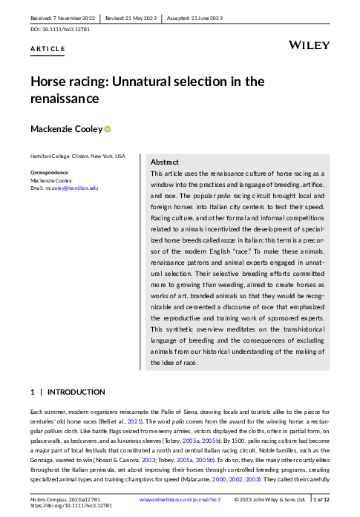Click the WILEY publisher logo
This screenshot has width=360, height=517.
tap(309, 45)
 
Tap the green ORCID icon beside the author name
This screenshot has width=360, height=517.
tap(108, 129)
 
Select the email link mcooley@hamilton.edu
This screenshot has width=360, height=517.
tap(72, 188)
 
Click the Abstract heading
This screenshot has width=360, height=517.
tap(164, 162)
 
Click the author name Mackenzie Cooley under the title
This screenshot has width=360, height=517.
tap(66, 129)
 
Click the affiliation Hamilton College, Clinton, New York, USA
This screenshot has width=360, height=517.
tap(77, 157)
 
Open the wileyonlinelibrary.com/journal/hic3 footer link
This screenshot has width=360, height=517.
tap(181, 500)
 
